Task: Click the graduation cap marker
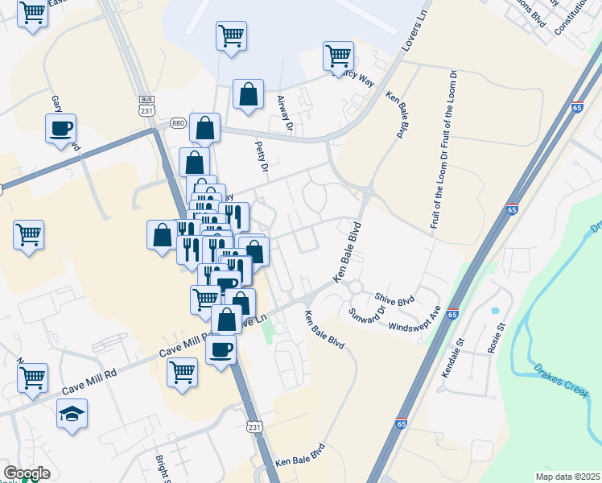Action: coord(72,414)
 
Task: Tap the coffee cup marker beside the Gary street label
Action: coord(60,129)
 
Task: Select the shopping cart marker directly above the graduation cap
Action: coord(33,377)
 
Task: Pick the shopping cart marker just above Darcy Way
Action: coord(338,56)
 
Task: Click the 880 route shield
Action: coord(178,123)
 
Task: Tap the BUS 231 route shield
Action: coord(146,105)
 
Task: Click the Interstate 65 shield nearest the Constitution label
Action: coord(577,107)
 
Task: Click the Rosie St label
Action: coord(495,338)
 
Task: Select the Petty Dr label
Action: coord(261,157)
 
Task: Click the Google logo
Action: coord(27,473)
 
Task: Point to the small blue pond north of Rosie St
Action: coord(494,310)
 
